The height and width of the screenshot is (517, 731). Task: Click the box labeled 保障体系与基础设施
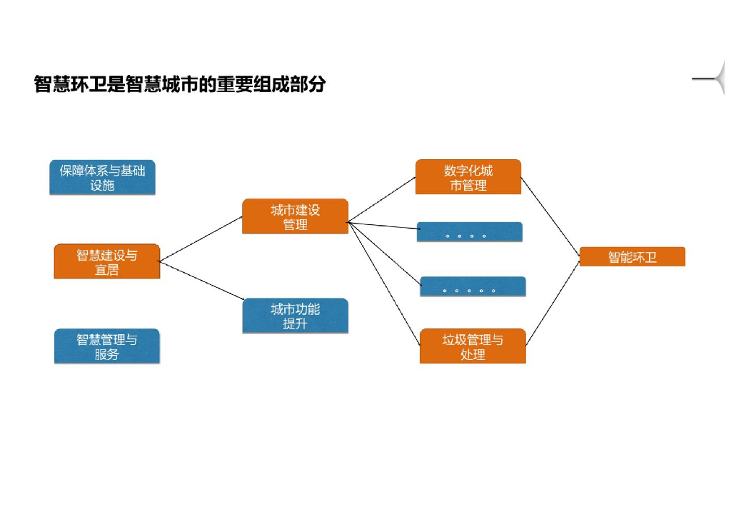[x=102, y=178]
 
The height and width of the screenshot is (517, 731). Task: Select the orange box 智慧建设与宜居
[x=107, y=262]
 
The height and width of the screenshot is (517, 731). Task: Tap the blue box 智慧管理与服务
[x=107, y=346]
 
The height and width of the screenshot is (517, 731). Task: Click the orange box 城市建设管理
[x=295, y=216]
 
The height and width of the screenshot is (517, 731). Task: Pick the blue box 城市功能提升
[x=295, y=316]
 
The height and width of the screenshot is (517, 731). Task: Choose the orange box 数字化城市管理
[x=468, y=177]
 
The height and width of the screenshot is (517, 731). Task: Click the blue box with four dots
[x=470, y=232]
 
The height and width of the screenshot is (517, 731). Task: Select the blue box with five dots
[x=473, y=286]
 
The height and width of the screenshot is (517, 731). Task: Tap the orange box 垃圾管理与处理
[x=473, y=346]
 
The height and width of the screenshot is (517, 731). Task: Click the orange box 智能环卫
[x=632, y=257]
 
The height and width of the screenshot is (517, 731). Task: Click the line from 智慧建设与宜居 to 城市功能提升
[x=201, y=281]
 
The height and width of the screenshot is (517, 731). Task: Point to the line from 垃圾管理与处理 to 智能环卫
[x=553, y=303]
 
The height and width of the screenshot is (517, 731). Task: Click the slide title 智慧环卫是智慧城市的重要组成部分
[x=180, y=84]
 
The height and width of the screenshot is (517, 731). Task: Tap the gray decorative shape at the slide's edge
[x=715, y=79]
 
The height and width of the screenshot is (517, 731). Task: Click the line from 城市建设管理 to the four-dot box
[x=383, y=226]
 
